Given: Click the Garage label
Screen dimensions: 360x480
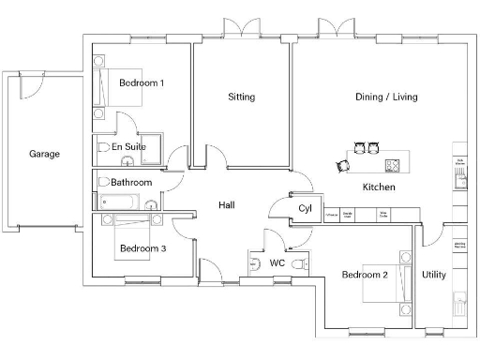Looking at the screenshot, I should click(44, 154).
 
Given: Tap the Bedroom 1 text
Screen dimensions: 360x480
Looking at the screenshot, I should click(142, 83).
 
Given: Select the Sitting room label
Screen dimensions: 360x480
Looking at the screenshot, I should click(241, 97).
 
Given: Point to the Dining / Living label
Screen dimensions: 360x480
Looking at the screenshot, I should click(386, 97).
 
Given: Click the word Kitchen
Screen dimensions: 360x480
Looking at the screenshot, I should click(379, 187).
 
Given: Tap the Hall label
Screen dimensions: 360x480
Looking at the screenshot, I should click(227, 205).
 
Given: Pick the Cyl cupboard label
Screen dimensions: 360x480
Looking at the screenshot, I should click(305, 208).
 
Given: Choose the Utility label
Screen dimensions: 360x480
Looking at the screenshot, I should click(434, 275).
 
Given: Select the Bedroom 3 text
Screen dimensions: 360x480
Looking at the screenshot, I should click(142, 248).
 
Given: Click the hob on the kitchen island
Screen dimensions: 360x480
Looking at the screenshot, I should click(393, 166).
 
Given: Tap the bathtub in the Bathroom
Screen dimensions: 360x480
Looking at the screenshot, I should click(119, 201).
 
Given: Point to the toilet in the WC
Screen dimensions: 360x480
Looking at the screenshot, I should click(299, 265).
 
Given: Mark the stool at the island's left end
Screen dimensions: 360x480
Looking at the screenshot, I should click(341, 166).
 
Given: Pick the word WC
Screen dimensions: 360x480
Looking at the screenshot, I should click(277, 263).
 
